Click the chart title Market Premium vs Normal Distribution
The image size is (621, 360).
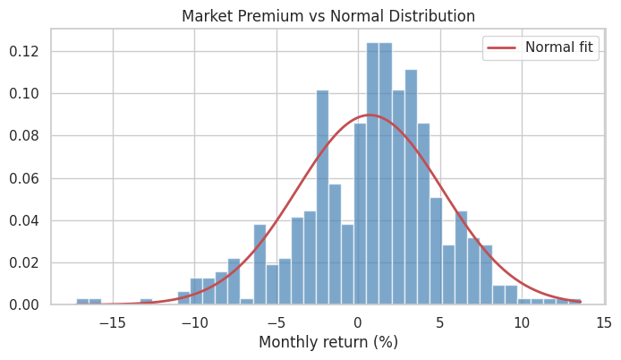click(328, 16)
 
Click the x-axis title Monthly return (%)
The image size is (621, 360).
click(328, 342)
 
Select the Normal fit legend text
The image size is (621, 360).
click(559, 47)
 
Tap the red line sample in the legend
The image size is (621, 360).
click(501, 47)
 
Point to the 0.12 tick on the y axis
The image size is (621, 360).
click(24, 52)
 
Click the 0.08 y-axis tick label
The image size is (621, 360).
click(24, 136)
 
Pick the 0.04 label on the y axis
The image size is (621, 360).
click(24, 220)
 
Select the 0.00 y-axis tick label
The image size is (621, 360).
click(24, 304)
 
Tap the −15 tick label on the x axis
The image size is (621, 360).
click(113, 323)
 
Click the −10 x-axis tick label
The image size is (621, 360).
click(194, 323)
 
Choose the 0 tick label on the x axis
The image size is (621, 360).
click(358, 323)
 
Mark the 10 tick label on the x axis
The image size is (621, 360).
click(522, 323)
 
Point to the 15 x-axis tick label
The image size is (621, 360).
click(604, 323)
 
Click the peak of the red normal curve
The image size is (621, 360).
click(370, 115)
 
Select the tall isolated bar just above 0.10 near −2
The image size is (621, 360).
click(323, 197)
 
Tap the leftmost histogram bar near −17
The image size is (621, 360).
click(82, 302)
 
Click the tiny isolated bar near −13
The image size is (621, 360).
click(146, 302)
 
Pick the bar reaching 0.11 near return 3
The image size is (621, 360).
click(411, 187)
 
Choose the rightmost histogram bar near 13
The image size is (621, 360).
click(575, 302)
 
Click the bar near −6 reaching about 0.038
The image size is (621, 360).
click(259, 264)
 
